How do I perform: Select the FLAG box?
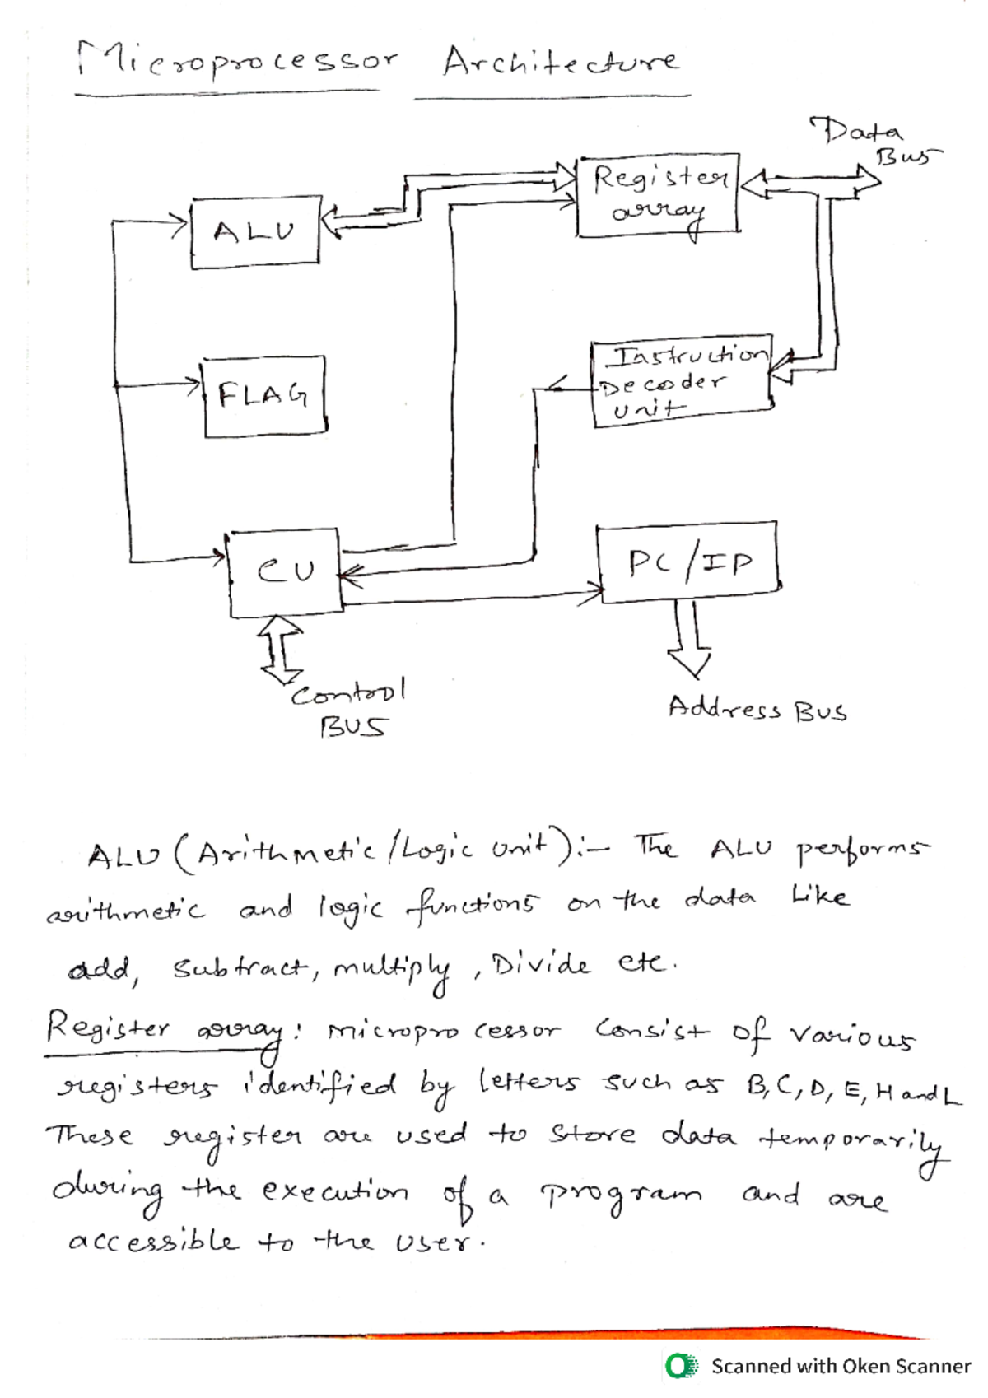pos(263,396)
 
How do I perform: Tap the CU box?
pos(285,572)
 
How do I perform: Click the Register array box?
pos(658,194)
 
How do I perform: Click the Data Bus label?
pos(871,142)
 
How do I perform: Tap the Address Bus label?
pos(757,709)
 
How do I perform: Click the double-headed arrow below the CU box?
pos(281,650)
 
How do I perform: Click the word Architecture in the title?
pos(560,61)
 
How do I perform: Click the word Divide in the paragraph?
pos(539,964)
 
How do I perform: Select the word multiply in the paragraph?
pos(393,969)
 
